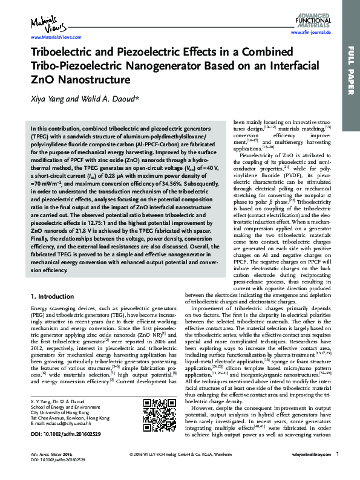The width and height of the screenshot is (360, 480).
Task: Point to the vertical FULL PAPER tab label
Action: click(x=350, y=70)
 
